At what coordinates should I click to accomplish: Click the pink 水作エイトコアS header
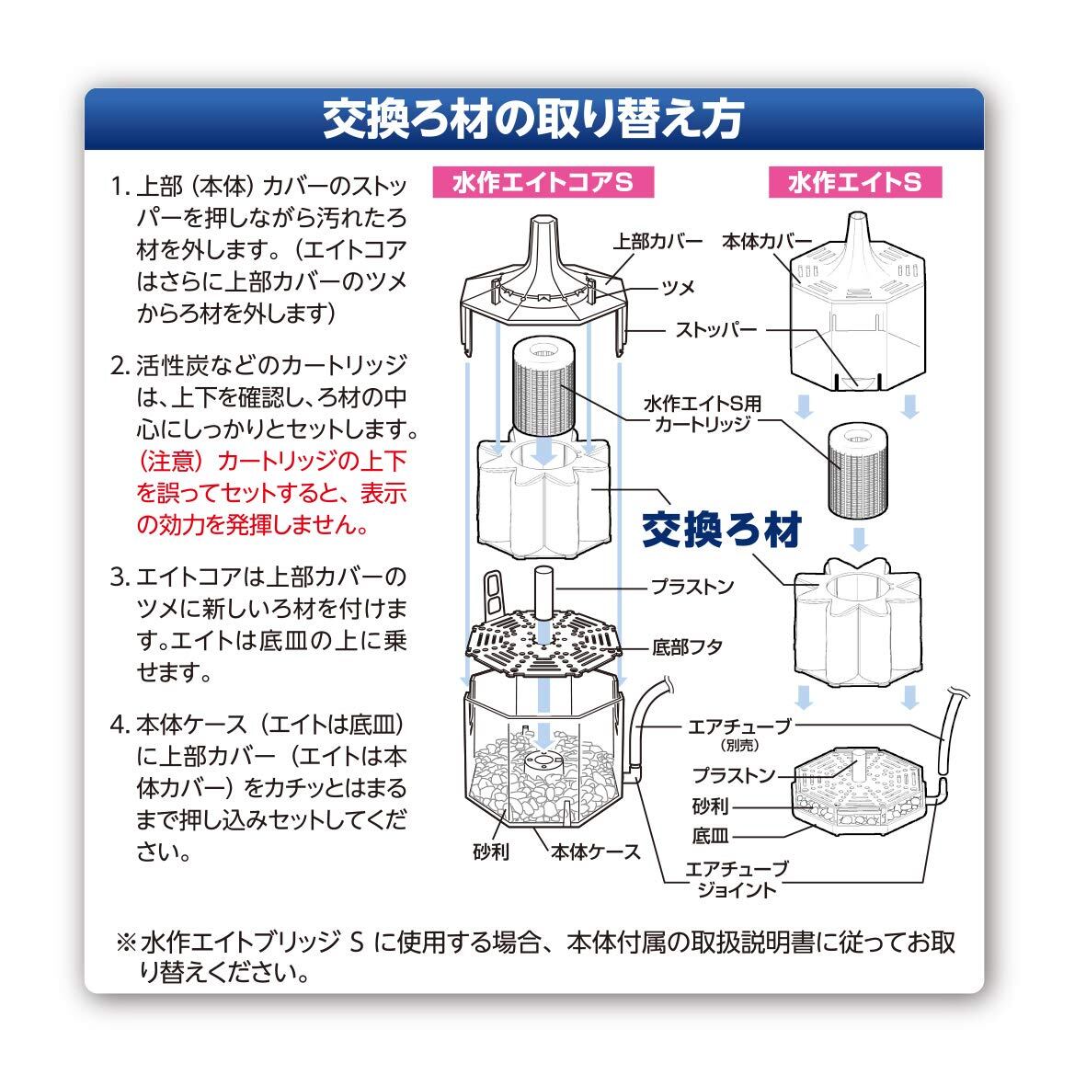543,182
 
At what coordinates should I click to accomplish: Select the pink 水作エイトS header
854,182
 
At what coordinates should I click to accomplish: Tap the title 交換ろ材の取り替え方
533,120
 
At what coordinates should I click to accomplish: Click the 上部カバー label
657,242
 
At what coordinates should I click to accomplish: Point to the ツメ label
679,288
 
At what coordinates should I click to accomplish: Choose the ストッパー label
716,330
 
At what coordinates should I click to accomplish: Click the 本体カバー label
767,242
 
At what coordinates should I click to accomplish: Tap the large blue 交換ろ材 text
722,530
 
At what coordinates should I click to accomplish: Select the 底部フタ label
687,646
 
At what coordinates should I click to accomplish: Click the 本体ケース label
596,852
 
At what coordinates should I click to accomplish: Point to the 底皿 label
711,836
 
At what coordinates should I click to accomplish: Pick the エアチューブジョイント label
737,879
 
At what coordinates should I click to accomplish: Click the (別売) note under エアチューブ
739,745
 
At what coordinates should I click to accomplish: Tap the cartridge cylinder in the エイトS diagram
857,472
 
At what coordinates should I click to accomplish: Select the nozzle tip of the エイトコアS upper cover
543,221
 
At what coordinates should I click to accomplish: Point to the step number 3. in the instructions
120,577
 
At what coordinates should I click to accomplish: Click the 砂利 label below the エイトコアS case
491,852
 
